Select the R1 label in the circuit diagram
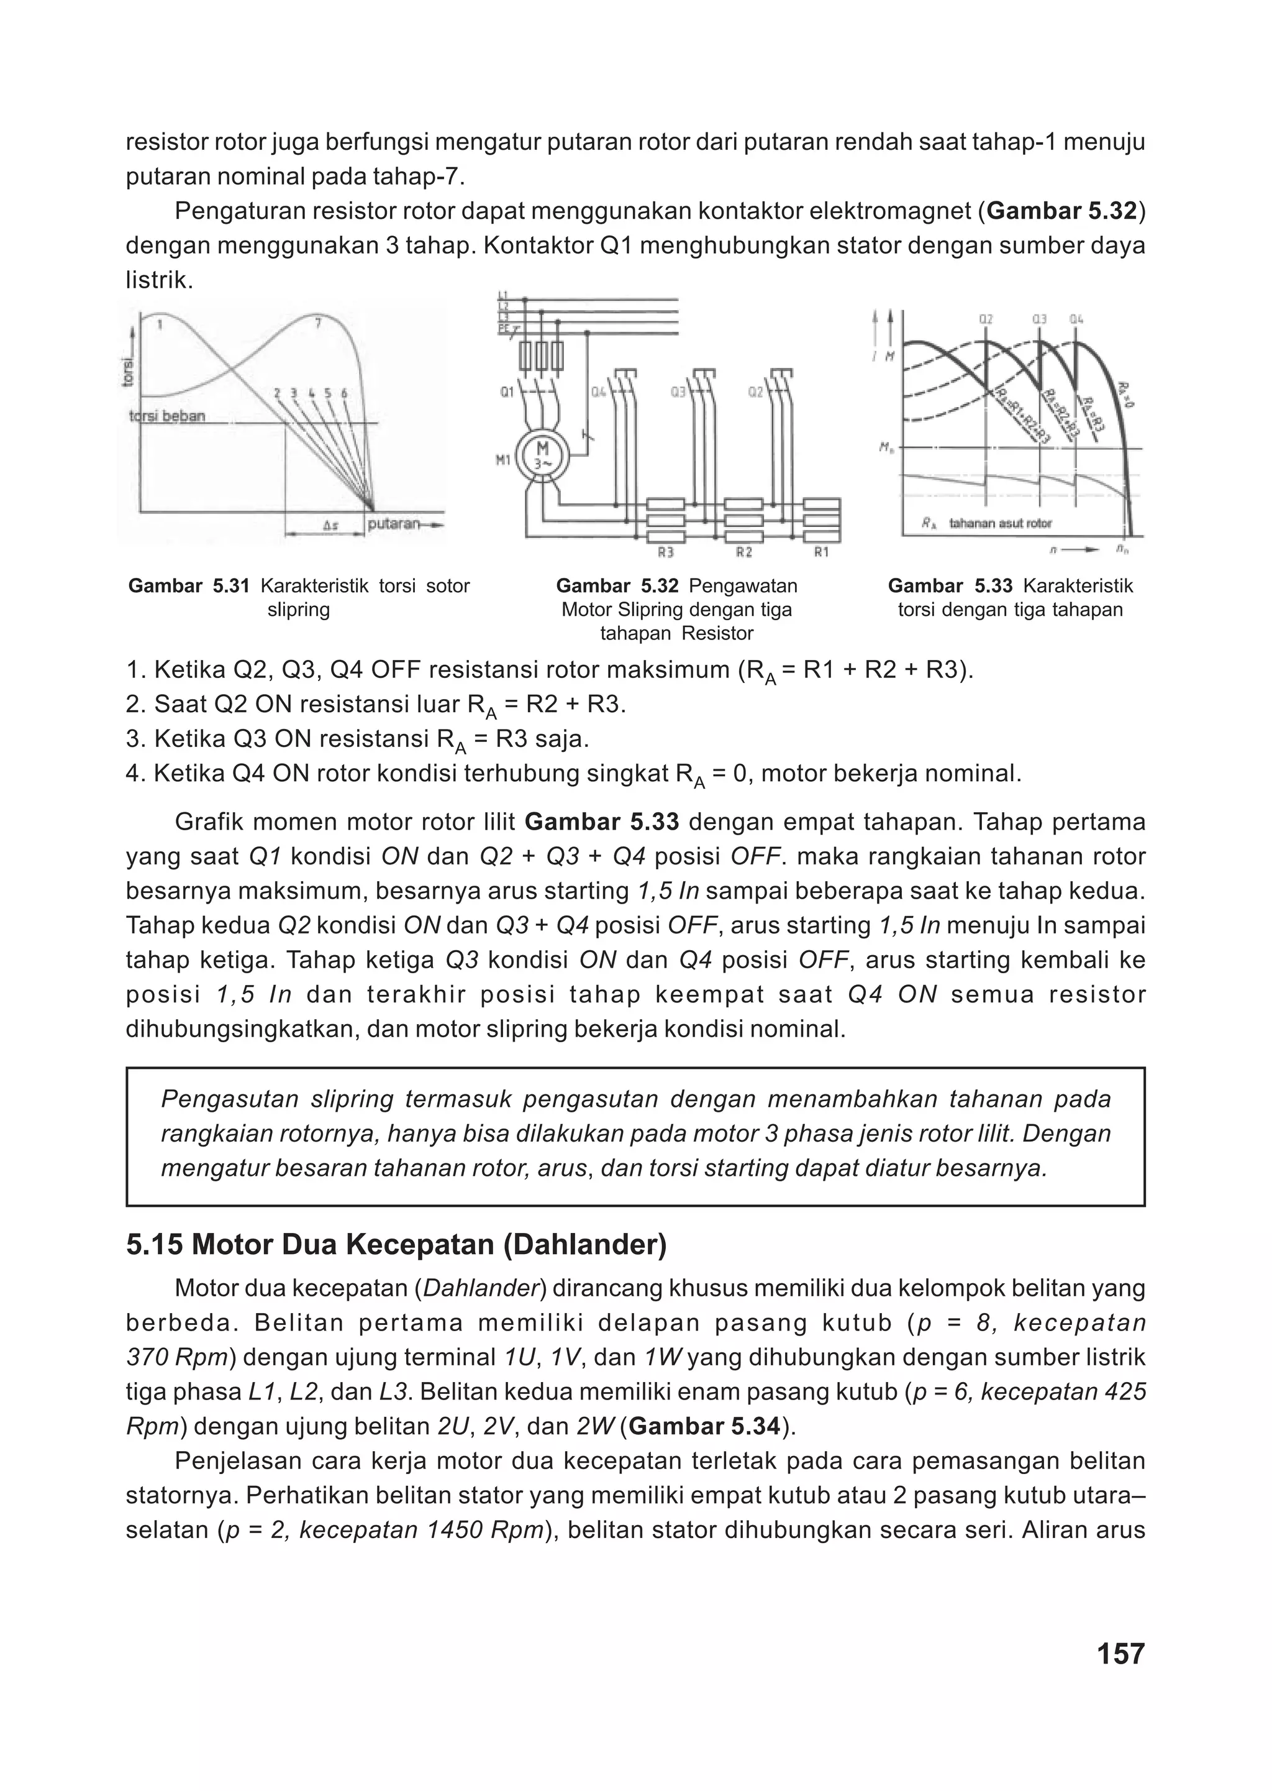pos(821,553)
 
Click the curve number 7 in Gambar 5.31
pos(318,324)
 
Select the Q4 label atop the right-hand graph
pos(1077,319)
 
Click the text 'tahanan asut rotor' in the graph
pos(1000,523)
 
